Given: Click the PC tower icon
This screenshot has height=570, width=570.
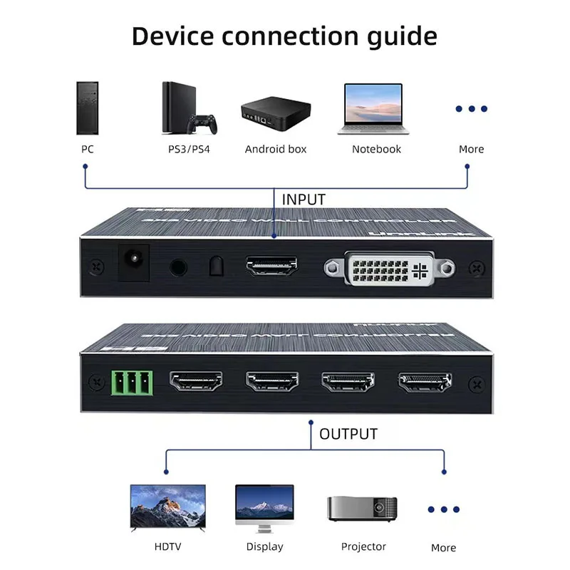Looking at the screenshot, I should (x=86, y=108).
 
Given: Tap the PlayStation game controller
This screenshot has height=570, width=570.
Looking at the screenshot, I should (x=202, y=123).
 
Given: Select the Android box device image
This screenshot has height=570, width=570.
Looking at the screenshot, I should (x=275, y=113).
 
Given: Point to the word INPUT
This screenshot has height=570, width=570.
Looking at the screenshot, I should (x=304, y=199).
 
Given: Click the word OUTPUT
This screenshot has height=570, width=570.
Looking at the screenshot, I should (x=348, y=434).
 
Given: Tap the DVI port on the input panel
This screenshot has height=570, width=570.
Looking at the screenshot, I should (x=388, y=269).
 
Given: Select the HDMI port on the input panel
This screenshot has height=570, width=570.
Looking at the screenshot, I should (x=271, y=267).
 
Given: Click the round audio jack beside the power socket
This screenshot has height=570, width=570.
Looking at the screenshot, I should (x=177, y=267).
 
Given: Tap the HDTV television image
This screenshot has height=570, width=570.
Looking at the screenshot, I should (x=167, y=507).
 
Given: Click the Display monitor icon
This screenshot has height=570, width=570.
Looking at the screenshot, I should (x=264, y=507).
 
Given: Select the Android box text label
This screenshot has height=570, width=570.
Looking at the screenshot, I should (x=276, y=150).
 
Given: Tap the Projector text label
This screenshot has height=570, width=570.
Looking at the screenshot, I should (x=363, y=547).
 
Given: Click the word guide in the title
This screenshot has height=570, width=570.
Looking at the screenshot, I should (x=402, y=35).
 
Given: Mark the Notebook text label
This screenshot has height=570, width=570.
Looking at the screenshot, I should (x=376, y=150).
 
